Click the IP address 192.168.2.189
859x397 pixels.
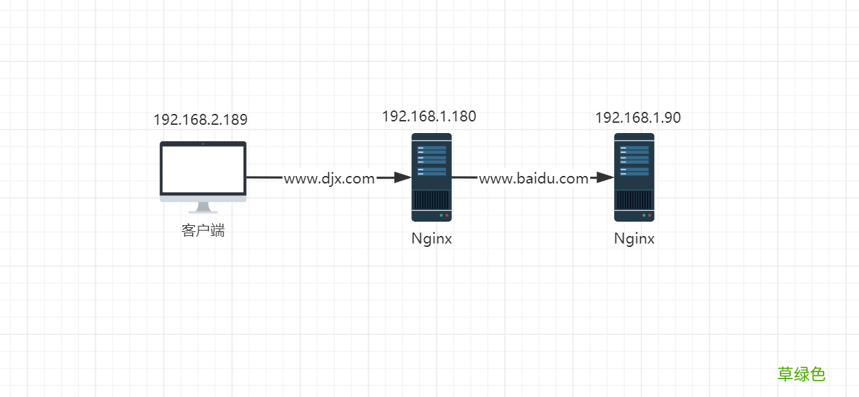pyautogui.click(x=200, y=119)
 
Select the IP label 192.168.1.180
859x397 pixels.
pyautogui.click(x=428, y=116)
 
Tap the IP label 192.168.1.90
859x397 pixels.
pyautogui.click(x=637, y=117)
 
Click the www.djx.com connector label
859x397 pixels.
pyautogui.click(x=329, y=179)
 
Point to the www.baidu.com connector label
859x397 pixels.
pyautogui.click(x=533, y=179)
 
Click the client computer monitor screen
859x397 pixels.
pyautogui.click(x=203, y=168)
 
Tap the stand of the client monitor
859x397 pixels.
pyautogui.click(x=203, y=207)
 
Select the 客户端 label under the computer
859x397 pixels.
pyautogui.click(x=203, y=231)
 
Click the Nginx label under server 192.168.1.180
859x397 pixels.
pyautogui.click(x=431, y=239)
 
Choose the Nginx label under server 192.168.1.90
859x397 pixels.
pyautogui.click(x=634, y=239)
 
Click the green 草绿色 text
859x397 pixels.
pyautogui.click(x=801, y=374)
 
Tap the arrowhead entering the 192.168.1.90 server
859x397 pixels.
pyautogui.click(x=606, y=177)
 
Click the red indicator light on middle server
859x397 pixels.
pyautogui.click(x=447, y=216)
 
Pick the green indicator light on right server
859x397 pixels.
pyautogui.click(x=643, y=216)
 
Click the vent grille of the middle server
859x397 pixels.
pyautogui.click(x=431, y=200)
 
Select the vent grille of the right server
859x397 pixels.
pyautogui.click(x=634, y=200)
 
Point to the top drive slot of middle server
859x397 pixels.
pyautogui.click(x=431, y=148)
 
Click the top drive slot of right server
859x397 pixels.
pyautogui.click(x=634, y=148)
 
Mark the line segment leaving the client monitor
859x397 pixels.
pyautogui.click(x=265, y=177)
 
